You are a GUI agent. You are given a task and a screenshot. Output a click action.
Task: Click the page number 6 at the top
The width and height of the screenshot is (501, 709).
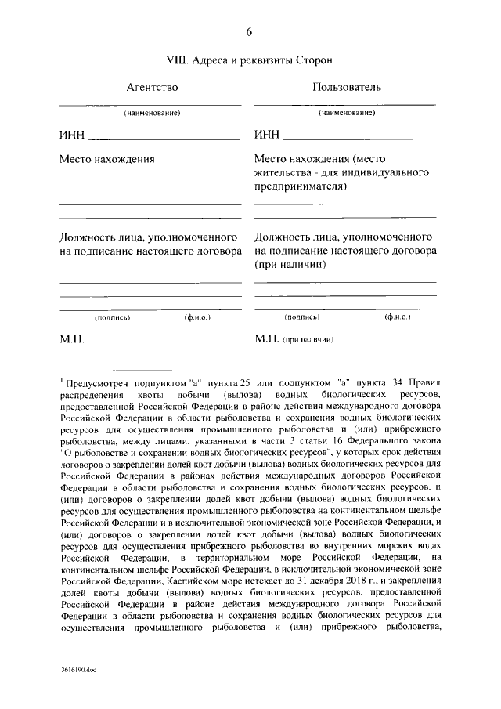tap(250, 32)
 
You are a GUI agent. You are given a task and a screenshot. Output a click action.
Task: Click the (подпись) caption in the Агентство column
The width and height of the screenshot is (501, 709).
tap(112, 317)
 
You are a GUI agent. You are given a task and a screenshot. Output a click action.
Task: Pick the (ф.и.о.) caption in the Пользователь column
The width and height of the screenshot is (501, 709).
tap(398, 317)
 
